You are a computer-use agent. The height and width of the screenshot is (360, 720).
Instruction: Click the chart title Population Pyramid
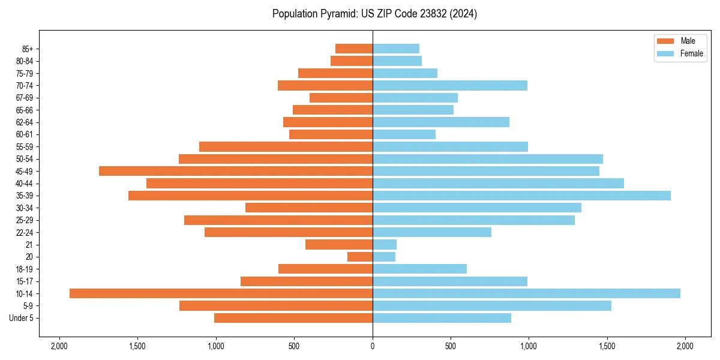(x=374, y=14)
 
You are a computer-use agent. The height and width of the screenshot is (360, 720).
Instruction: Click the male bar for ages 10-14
(x=221, y=293)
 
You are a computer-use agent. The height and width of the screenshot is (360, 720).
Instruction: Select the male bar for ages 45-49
(x=236, y=171)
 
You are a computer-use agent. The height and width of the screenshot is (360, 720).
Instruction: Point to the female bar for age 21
(x=385, y=245)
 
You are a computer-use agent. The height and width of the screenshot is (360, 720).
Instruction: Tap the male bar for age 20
(x=360, y=257)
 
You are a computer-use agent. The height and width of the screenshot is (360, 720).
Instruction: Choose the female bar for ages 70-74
(x=450, y=86)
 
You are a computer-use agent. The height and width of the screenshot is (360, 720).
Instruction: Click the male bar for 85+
(x=354, y=49)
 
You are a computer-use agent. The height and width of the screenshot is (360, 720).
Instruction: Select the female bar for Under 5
(x=442, y=318)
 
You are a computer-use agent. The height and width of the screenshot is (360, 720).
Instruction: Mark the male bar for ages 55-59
(x=286, y=147)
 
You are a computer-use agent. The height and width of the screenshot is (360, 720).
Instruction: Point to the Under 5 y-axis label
(x=22, y=318)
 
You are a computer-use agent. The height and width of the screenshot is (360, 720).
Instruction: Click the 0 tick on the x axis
(x=373, y=346)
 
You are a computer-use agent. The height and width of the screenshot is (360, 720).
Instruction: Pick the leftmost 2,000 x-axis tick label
(x=59, y=346)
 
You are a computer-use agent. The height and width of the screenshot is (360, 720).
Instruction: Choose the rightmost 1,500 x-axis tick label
(x=607, y=346)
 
